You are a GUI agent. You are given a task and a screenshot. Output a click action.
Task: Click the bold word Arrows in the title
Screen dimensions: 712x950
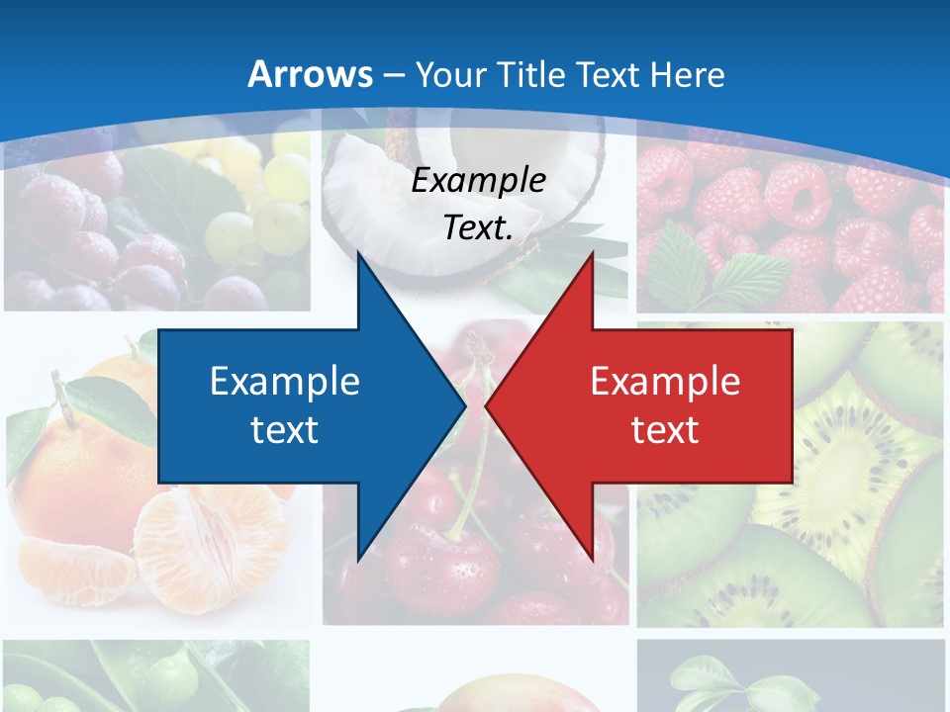(x=309, y=74)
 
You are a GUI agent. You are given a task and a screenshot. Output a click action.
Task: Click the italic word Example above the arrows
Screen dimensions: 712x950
(x=478, y=181)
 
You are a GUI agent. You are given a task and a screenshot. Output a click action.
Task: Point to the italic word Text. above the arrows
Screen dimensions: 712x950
(x=478, y=227)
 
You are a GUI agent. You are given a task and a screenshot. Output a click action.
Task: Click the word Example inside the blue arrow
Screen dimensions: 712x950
(x=285, y=381)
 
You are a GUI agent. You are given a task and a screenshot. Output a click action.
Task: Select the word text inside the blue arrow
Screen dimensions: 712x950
(x=285, y=429)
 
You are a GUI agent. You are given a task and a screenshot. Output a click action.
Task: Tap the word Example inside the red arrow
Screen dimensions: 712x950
(x=665, y=381)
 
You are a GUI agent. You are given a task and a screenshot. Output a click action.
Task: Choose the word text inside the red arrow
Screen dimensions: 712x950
(x=665, y=429)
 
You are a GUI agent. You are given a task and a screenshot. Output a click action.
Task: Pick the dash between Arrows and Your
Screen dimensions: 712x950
(x=393, y=75)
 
